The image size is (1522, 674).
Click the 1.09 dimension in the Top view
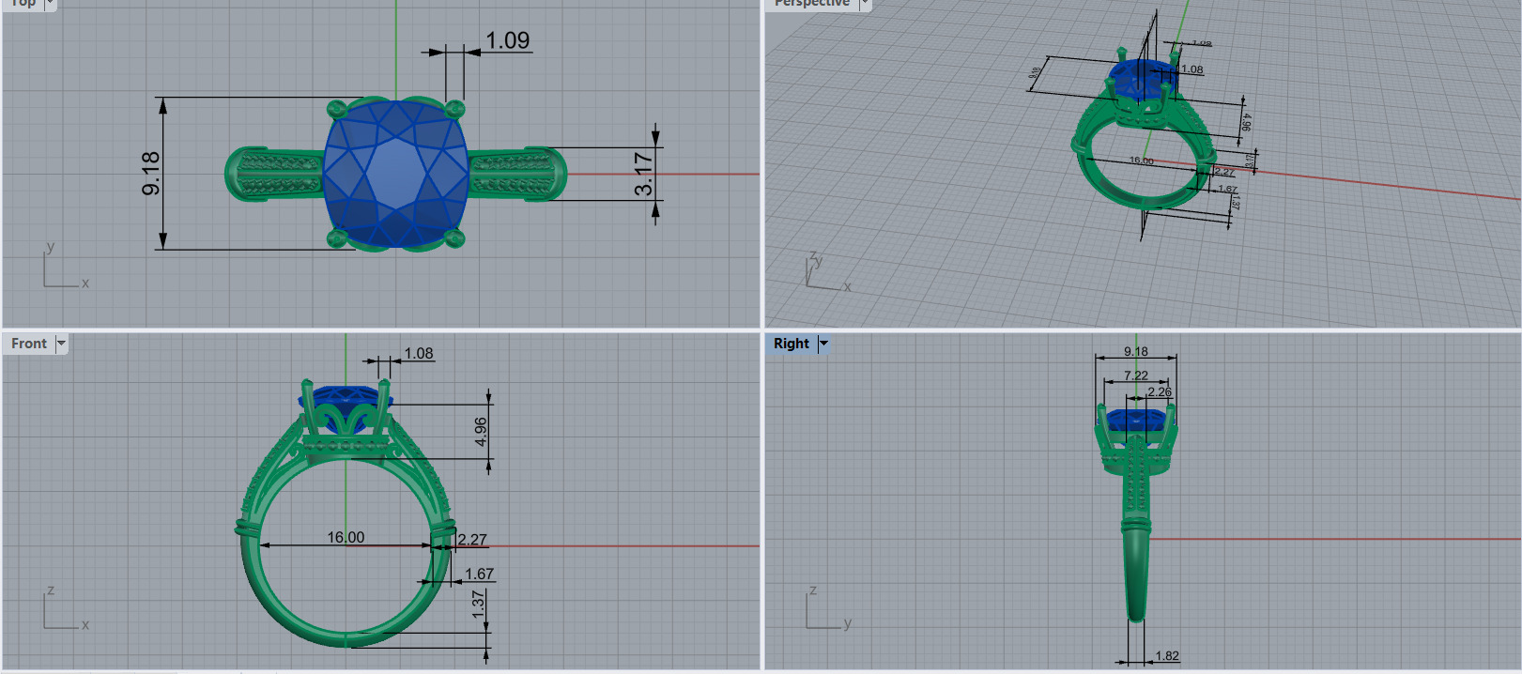[x=507, y=40]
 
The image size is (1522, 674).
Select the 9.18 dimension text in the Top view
[x=151, y=174]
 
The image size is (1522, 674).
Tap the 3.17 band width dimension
[x=643, y=174]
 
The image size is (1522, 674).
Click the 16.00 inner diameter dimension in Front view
[x=346, y=537]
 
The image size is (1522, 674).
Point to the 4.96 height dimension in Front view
[x=481, y=432]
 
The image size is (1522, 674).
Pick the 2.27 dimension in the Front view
[x=472, y=540]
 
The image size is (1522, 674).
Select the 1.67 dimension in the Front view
[x=479, y=574]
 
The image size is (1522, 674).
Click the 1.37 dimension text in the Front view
[x=479, y=604]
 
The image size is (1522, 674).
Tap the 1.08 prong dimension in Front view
[x=419, y=353]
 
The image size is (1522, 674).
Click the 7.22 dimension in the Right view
[x=1136, y=375]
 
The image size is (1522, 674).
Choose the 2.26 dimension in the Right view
[x=1160, y=392]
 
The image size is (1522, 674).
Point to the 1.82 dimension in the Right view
[x=1167, y=656]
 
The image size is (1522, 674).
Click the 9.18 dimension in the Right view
[x=1136, y=352]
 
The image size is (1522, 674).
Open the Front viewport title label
[x=29, y=344]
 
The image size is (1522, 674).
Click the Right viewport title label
[x=792, y=344]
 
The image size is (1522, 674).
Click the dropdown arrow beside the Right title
[x=823, y=344]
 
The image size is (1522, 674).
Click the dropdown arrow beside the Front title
[x=61, y=344]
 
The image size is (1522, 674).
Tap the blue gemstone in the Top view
[x=396, y=175]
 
